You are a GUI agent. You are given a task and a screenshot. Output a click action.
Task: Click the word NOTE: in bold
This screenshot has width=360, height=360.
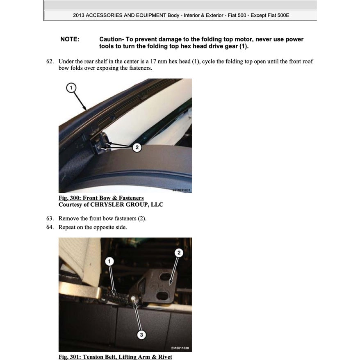coord(70,39)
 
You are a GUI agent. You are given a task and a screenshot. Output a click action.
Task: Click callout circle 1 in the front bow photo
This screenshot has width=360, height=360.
coord(71,87)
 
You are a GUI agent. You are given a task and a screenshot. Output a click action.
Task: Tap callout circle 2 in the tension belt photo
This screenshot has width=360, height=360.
coord(178,253)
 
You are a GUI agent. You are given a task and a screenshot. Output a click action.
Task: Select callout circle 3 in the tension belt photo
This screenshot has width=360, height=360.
coord(141,335)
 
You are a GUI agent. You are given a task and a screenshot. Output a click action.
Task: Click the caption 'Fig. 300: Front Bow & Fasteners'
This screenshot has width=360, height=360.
coord(101,198)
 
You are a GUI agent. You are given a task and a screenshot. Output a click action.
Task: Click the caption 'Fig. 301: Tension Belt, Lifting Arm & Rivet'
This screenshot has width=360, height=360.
coord(115,357)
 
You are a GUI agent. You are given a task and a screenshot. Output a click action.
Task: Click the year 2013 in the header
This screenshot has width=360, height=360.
coord(80,16)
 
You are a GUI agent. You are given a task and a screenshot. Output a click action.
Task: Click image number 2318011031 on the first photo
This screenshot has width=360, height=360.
coord(181,190)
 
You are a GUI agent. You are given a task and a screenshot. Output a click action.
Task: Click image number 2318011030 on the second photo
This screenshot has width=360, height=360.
coord(181,349)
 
